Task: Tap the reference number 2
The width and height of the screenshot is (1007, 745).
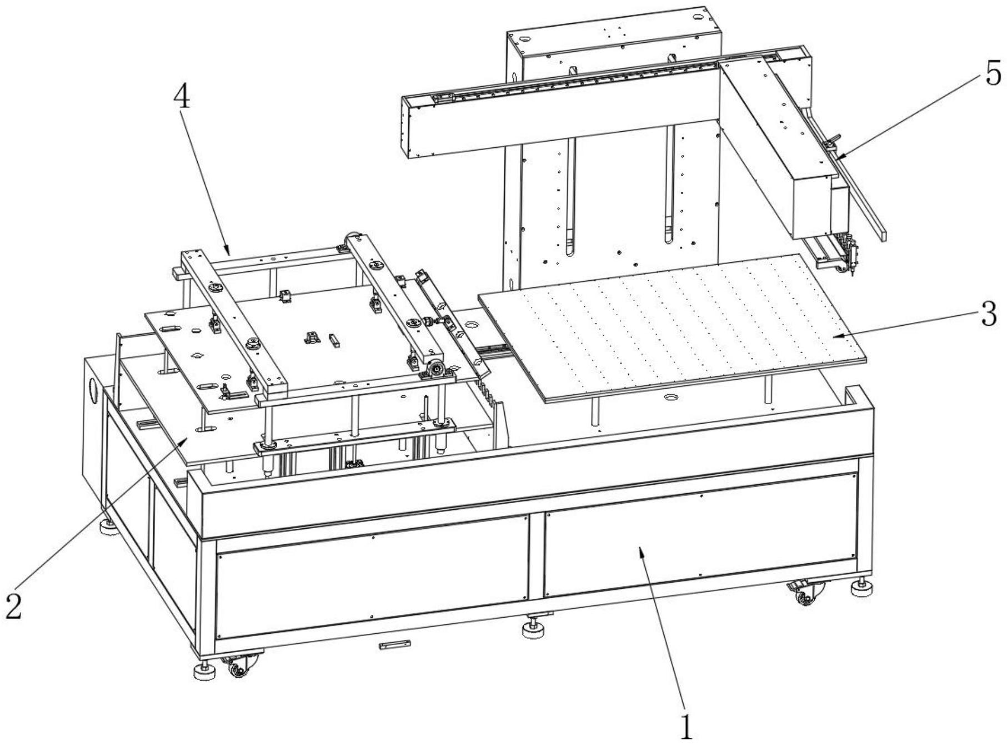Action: [14, 605]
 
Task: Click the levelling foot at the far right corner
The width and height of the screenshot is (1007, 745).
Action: [862, 587]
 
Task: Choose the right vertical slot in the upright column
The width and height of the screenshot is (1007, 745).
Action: [670, 183]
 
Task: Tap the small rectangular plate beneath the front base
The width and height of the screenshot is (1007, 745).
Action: [395, 645]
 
